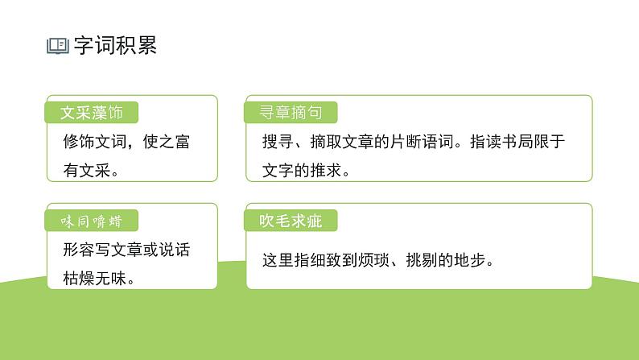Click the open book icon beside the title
[58, 46]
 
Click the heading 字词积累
[115, 45]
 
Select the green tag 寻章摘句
[290, 113]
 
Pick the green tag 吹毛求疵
[290, 220]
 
